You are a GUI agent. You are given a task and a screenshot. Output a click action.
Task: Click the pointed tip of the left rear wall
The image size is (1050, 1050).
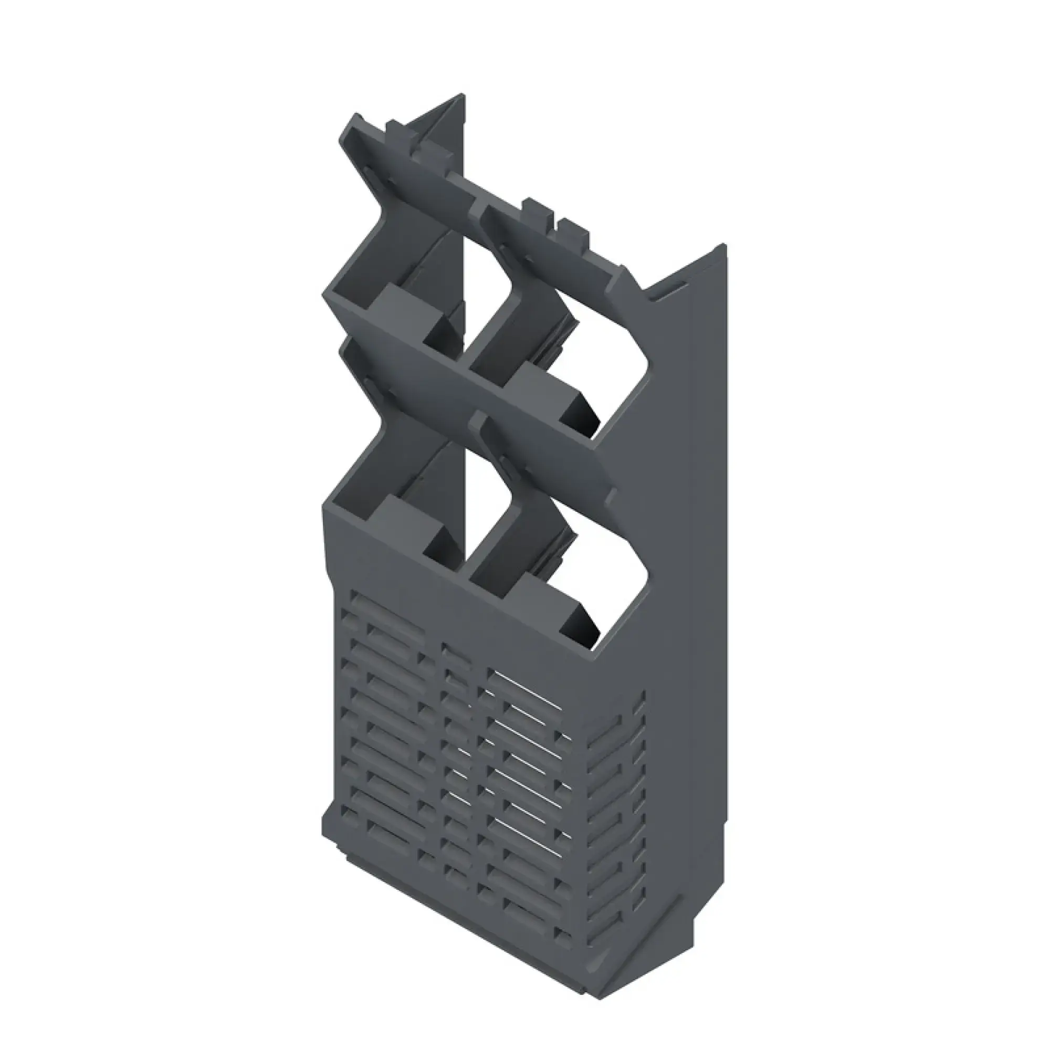462,97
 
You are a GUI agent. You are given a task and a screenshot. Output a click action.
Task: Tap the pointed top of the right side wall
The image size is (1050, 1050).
723,247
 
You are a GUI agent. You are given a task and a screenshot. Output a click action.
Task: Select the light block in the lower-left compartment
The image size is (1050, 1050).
407,519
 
